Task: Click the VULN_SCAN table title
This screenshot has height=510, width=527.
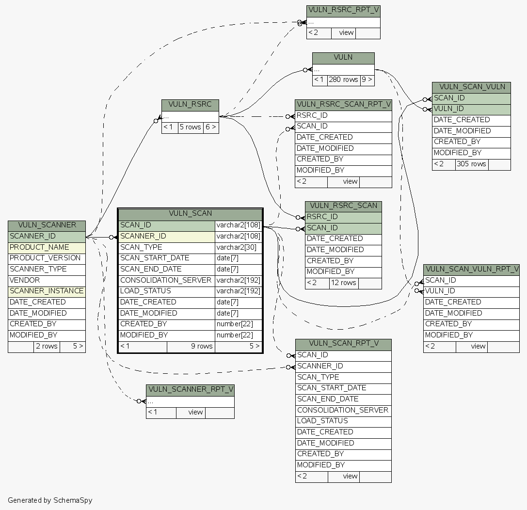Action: [x=190, y=213]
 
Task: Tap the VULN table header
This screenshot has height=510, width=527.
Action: [x=343, y=58]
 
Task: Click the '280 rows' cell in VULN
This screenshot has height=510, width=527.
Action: [x=343, y=80]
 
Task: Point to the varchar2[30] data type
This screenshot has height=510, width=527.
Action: [x=238, y=247]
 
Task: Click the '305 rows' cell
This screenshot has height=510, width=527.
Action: [x=472, y=164]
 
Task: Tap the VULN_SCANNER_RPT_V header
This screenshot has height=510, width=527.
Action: [x=190, y=390]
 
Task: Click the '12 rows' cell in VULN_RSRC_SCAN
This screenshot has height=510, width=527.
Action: [x=343, y=283]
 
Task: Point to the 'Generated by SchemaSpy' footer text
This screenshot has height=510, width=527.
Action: [x=50, y=500]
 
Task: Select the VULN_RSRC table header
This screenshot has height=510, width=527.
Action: [x=190, y=105]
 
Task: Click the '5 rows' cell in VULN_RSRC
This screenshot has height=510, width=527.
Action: [x=190, y=127]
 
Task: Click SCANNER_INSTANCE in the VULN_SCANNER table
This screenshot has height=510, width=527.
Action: [x=46, y=291]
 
